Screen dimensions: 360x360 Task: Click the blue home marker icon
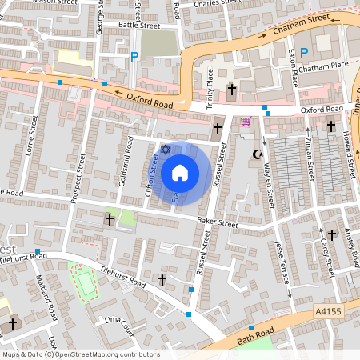(x=180, y=172)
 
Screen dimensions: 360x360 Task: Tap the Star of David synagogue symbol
(x=166, y=150)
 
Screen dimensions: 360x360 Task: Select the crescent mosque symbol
(x=258, y=154)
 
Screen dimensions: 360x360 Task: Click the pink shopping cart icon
(x=245, y=122)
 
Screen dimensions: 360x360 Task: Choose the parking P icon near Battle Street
(x=134, y=57)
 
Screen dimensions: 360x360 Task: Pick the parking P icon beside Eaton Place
(x=303, y=53)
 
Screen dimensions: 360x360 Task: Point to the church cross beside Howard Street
(x=331, y=125)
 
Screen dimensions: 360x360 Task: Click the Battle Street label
(x=139, y=26)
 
